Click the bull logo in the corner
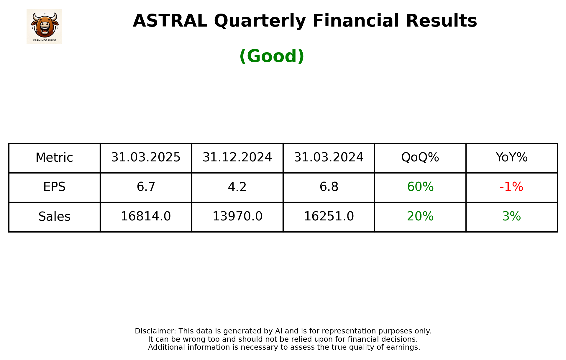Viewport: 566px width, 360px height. coord(44,27)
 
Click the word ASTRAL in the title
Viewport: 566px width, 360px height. coord(170,21)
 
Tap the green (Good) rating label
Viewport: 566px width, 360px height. coord(272,56)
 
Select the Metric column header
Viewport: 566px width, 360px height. coord(54,158)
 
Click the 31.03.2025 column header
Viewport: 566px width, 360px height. coord(146,158)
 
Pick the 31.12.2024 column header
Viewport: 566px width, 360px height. coord(237,158)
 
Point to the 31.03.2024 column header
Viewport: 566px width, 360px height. coord(329,158)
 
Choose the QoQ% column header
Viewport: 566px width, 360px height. coord(420,158)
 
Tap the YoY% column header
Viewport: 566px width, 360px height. coord(511,158)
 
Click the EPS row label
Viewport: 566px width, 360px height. coord(54,187)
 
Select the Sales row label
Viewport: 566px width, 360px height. coord(54,217)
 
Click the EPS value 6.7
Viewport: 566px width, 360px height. coord(146,187)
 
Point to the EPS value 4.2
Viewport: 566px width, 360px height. coord(237,187)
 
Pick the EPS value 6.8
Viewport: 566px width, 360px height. coord(329,187)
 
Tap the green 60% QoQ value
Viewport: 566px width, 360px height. coord(420,187)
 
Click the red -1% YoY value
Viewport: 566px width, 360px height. coord(511,187)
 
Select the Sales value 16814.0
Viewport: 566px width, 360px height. coord(146,217)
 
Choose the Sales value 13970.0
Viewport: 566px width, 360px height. coord(237,217)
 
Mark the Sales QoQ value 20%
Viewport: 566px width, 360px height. coord(420,217)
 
